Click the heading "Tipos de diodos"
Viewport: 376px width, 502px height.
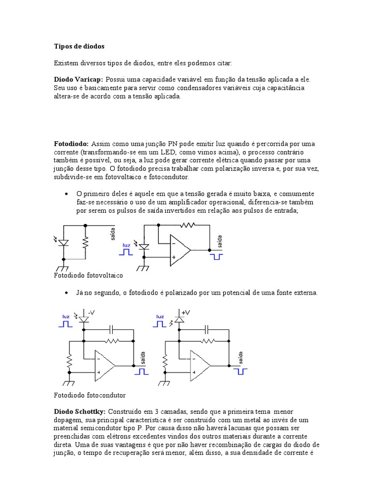click(79, 47)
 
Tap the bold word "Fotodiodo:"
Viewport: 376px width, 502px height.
click(71, 144)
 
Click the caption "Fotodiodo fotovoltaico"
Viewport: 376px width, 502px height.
click(88, 276)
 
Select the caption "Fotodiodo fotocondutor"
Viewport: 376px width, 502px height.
click(89, 395)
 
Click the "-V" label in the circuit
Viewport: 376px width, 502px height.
click(92, 312)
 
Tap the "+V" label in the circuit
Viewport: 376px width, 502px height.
click(186, 312)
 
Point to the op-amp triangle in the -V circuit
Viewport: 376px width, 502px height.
click(105, 366)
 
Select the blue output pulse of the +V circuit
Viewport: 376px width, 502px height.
click(240, 371)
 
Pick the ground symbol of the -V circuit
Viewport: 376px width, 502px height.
click(69, 383)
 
